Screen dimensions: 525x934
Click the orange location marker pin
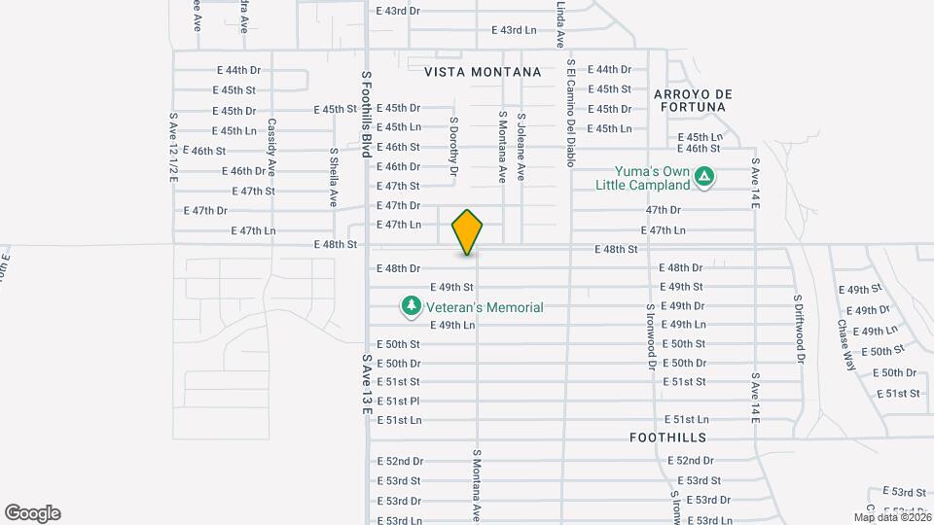(468, 231)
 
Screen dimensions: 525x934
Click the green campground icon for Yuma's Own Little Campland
(705, 177)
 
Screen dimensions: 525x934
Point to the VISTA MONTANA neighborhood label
(483, 72)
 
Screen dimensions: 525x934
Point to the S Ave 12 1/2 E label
(173, 147)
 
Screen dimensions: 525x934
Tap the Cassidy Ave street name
(273, 141)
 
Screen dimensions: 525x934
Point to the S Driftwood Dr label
(799, 329)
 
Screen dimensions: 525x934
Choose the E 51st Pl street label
(398, 401)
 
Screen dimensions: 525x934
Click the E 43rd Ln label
(514, 30)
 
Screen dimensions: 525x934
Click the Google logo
(32, 513)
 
